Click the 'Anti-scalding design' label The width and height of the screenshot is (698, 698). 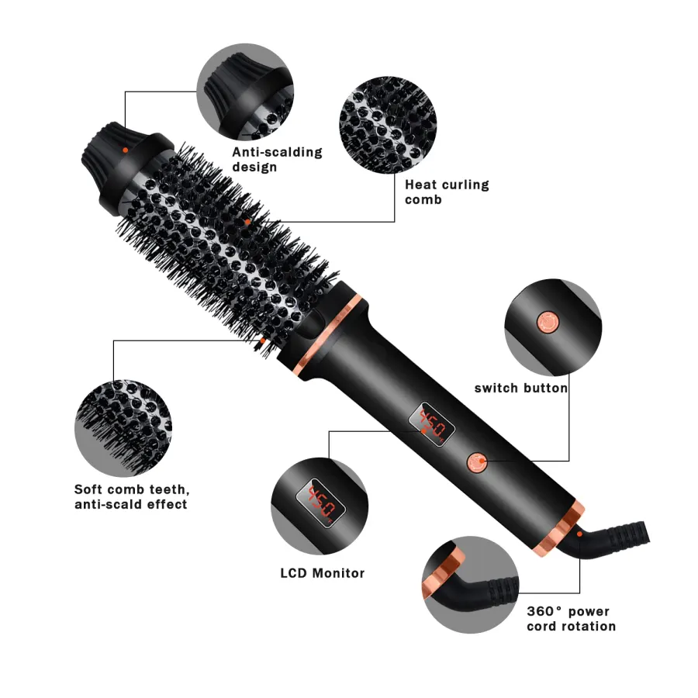pyautogui.click(x=277, y=159)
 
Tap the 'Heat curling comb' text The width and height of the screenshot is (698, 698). pyautogui.click(x=447, y=192)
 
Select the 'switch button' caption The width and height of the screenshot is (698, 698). pyautogui.click(x=521, y=389)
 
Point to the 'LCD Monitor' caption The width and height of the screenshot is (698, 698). pyautogui.click(x=323, y=573)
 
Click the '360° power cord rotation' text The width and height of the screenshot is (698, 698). pyautogui.click(x=571, y=619)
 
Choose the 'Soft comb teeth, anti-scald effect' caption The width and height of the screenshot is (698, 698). pyautogui.click(x=132, y=497)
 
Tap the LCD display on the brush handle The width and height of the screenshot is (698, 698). pyautogui.click(x=432, y=425)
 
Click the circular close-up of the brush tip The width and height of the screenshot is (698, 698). pyautogui.click(x=245, y=92)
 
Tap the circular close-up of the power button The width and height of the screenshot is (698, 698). pyautogui.click(x=553, y=327)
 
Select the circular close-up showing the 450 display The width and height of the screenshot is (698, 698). pyautogui.click(x=320, y=506)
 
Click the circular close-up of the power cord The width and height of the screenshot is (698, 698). pyautogui.click(x=471, y=585)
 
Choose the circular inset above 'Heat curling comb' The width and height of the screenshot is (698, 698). pyautogui.click(x=388, y=125)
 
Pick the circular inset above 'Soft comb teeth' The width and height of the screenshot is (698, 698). pyautogui.click(x=123, y=428)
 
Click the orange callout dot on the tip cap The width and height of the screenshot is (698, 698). pyautogui.click(x=125, y=150)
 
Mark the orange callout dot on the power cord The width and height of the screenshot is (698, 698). pyautogui.click(x=579, y=534)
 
